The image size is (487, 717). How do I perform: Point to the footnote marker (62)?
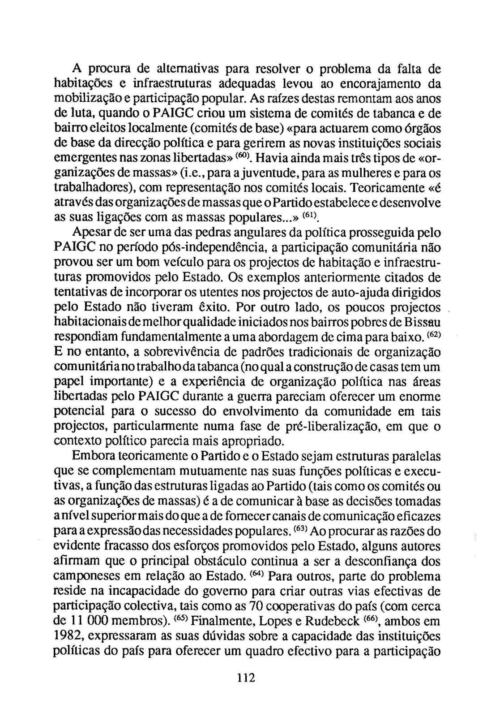pyautogui.click(x=433, y=334)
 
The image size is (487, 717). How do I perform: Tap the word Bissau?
pyautogui.click(x=421, y=322)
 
